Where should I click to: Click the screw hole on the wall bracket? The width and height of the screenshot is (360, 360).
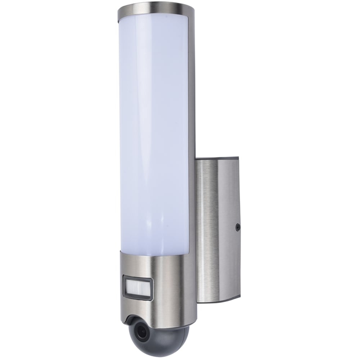238,227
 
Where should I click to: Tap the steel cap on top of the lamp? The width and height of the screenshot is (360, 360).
155,7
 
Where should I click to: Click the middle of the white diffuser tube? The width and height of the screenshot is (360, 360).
155,130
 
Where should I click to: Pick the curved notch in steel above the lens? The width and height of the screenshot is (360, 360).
135,319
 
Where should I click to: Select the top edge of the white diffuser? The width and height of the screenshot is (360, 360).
155,15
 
